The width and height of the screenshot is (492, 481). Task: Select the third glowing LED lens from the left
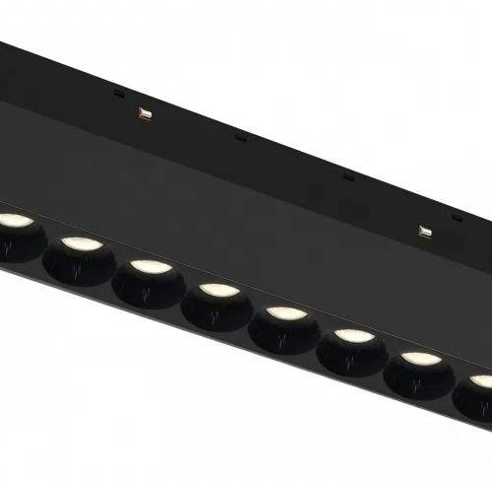click(x=147, y=267)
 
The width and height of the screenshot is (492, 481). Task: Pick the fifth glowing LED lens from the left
click(x=284, y=313)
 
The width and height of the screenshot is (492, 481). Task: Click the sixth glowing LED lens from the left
click(x=351, y=337)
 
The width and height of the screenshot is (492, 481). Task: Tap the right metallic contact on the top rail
click(x=425, y=232)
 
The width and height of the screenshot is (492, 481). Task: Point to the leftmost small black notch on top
click(x=118, y=95)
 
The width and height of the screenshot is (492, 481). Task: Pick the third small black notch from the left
click(x=347, y=178)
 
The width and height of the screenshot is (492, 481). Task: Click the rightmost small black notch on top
click(x=455, y=217)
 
